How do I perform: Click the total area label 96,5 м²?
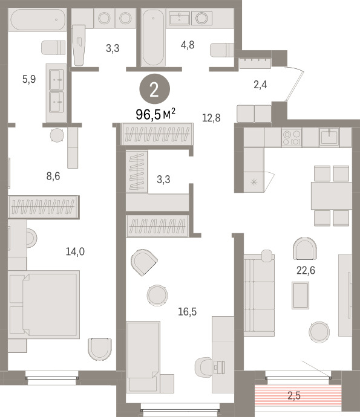point(155,114)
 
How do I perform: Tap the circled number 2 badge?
point(154,89)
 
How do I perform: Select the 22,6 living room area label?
point(306,271)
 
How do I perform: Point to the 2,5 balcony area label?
point(294,396)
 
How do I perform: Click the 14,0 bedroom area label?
point(75,251)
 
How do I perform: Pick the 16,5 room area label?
point(187,311)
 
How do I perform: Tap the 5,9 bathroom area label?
point(29,79)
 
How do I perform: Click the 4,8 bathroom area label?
point(188,45)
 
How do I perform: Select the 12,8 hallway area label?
point(211,118)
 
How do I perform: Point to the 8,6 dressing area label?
point(53,176)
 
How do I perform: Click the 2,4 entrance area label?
point(260,85)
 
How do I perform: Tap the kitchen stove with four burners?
point(292,137)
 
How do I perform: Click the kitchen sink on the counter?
point(329,137)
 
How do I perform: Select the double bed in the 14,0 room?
point(44,305)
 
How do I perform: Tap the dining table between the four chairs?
point(332,195)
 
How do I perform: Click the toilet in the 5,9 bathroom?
point(53,48)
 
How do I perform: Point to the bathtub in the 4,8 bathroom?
point(153,37)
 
